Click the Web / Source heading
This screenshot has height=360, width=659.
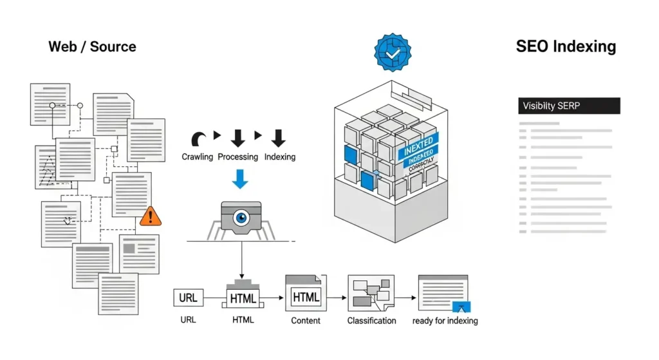coord(92,47)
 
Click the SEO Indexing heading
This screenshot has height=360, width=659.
coord(566,46)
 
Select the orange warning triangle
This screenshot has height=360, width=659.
coord(151,215)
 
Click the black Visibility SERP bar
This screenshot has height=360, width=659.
coord(569,106)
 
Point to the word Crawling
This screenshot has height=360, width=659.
coord(197,156)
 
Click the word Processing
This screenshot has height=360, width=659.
coord(237,156)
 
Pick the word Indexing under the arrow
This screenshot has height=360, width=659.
coord(280,156)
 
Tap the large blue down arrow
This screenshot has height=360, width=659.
coord(239,178)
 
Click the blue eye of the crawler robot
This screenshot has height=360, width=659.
coord(241,218)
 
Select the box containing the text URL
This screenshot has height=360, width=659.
coord(188,298)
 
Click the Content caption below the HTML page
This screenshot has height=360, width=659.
coord(306,320)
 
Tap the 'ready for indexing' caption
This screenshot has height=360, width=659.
coord(445,320)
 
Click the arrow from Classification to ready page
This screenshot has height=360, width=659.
coord(405,298)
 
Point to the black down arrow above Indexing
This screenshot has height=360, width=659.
coord(278,137)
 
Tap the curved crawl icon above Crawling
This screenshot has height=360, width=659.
coord(198,138)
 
